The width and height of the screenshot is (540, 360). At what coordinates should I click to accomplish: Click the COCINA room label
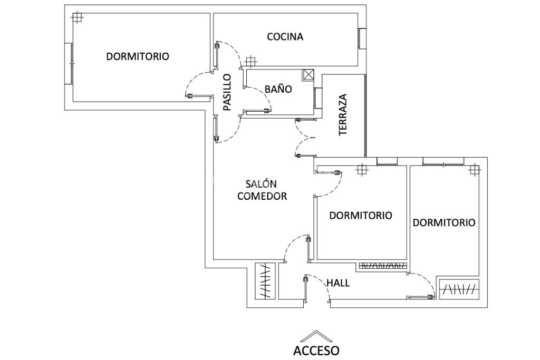click(285, 37)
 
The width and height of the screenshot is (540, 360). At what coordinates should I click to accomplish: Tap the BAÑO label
click(278, 89)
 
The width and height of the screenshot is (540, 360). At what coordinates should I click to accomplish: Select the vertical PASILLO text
click(227, 92)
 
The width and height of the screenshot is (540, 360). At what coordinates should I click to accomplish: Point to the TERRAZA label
click(343, 114)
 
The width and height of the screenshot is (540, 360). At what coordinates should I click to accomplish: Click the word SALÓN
click(261, 184)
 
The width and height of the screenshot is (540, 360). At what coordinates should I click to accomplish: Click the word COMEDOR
click(262, 196)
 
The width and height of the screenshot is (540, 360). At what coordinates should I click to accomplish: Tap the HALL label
click(337, 283)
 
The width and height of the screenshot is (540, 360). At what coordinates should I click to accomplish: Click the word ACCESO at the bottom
click(316, 350)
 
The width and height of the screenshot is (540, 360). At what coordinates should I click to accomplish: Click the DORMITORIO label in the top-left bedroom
click(138, 56)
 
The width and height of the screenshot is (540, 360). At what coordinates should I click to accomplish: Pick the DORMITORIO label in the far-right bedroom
click(443, 222)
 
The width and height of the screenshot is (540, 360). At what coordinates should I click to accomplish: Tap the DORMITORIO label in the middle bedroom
click(361, 216)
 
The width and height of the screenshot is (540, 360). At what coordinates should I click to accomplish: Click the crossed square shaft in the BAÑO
click(308, 75)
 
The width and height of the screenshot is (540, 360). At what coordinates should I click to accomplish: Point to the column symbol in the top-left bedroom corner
click(78, 18)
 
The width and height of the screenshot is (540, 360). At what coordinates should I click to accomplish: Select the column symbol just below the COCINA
click(251, 62)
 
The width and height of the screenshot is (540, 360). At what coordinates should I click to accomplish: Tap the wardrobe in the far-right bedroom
click(459, 289)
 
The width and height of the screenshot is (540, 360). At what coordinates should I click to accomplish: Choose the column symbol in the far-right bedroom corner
click(474, 170)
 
